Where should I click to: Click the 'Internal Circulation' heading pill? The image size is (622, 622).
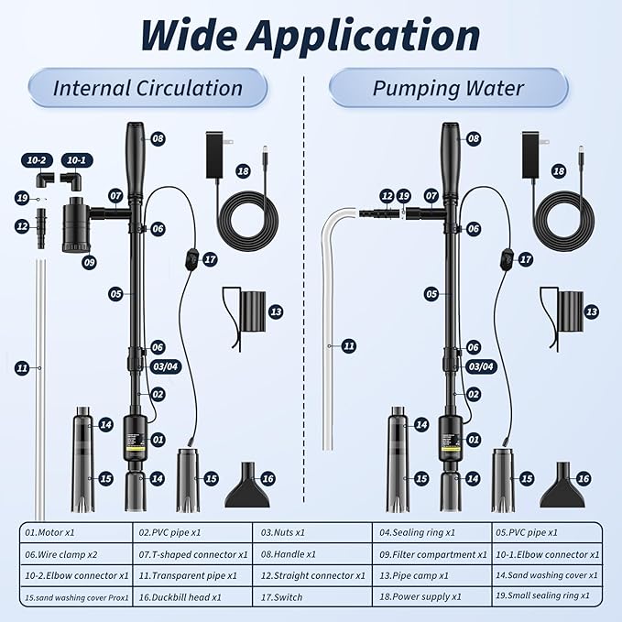tap(147, 89)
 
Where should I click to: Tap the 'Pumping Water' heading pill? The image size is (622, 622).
tap(448, 89)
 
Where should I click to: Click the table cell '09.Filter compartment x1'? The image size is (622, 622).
tap(429, 554)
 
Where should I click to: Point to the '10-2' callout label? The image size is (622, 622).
tap(37, 159)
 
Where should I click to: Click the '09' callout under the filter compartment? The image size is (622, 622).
tap(89, 262)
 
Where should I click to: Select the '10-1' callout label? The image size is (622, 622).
tap(74, 159)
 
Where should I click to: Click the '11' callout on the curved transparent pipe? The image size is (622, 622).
tap(349, 345)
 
